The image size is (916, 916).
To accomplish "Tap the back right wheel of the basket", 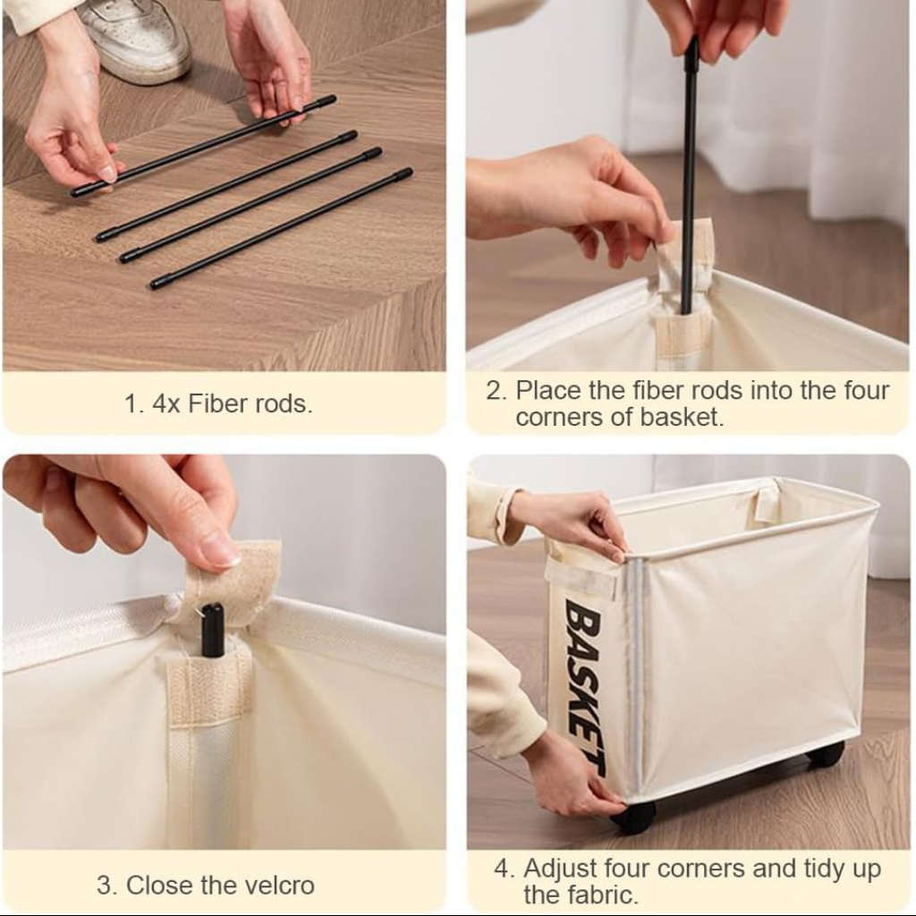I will tap(826, 754).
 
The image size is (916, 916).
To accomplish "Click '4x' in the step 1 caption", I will tap(165, 403).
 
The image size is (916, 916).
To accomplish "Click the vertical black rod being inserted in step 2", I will tap(690, 179).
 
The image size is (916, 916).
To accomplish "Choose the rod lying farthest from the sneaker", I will tap(281, 228).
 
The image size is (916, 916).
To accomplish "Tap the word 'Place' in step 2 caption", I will tap(545, 391).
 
